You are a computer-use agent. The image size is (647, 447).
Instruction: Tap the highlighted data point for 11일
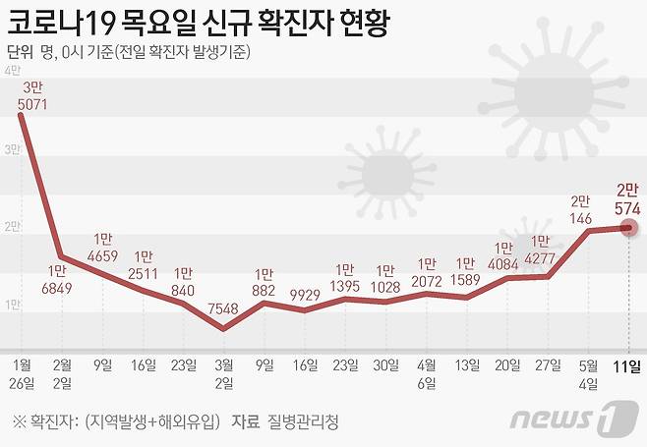point(629,228)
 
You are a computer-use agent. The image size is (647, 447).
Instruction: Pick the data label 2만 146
point(579,211)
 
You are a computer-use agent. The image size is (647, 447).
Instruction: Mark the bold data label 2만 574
point(628,200)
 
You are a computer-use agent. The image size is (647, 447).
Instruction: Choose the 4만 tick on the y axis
point(13,71)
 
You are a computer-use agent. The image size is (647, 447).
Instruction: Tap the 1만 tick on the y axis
point(13,305)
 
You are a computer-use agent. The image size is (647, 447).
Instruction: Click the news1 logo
point(567,419)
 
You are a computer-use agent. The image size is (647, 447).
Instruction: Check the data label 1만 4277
point(540,251)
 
